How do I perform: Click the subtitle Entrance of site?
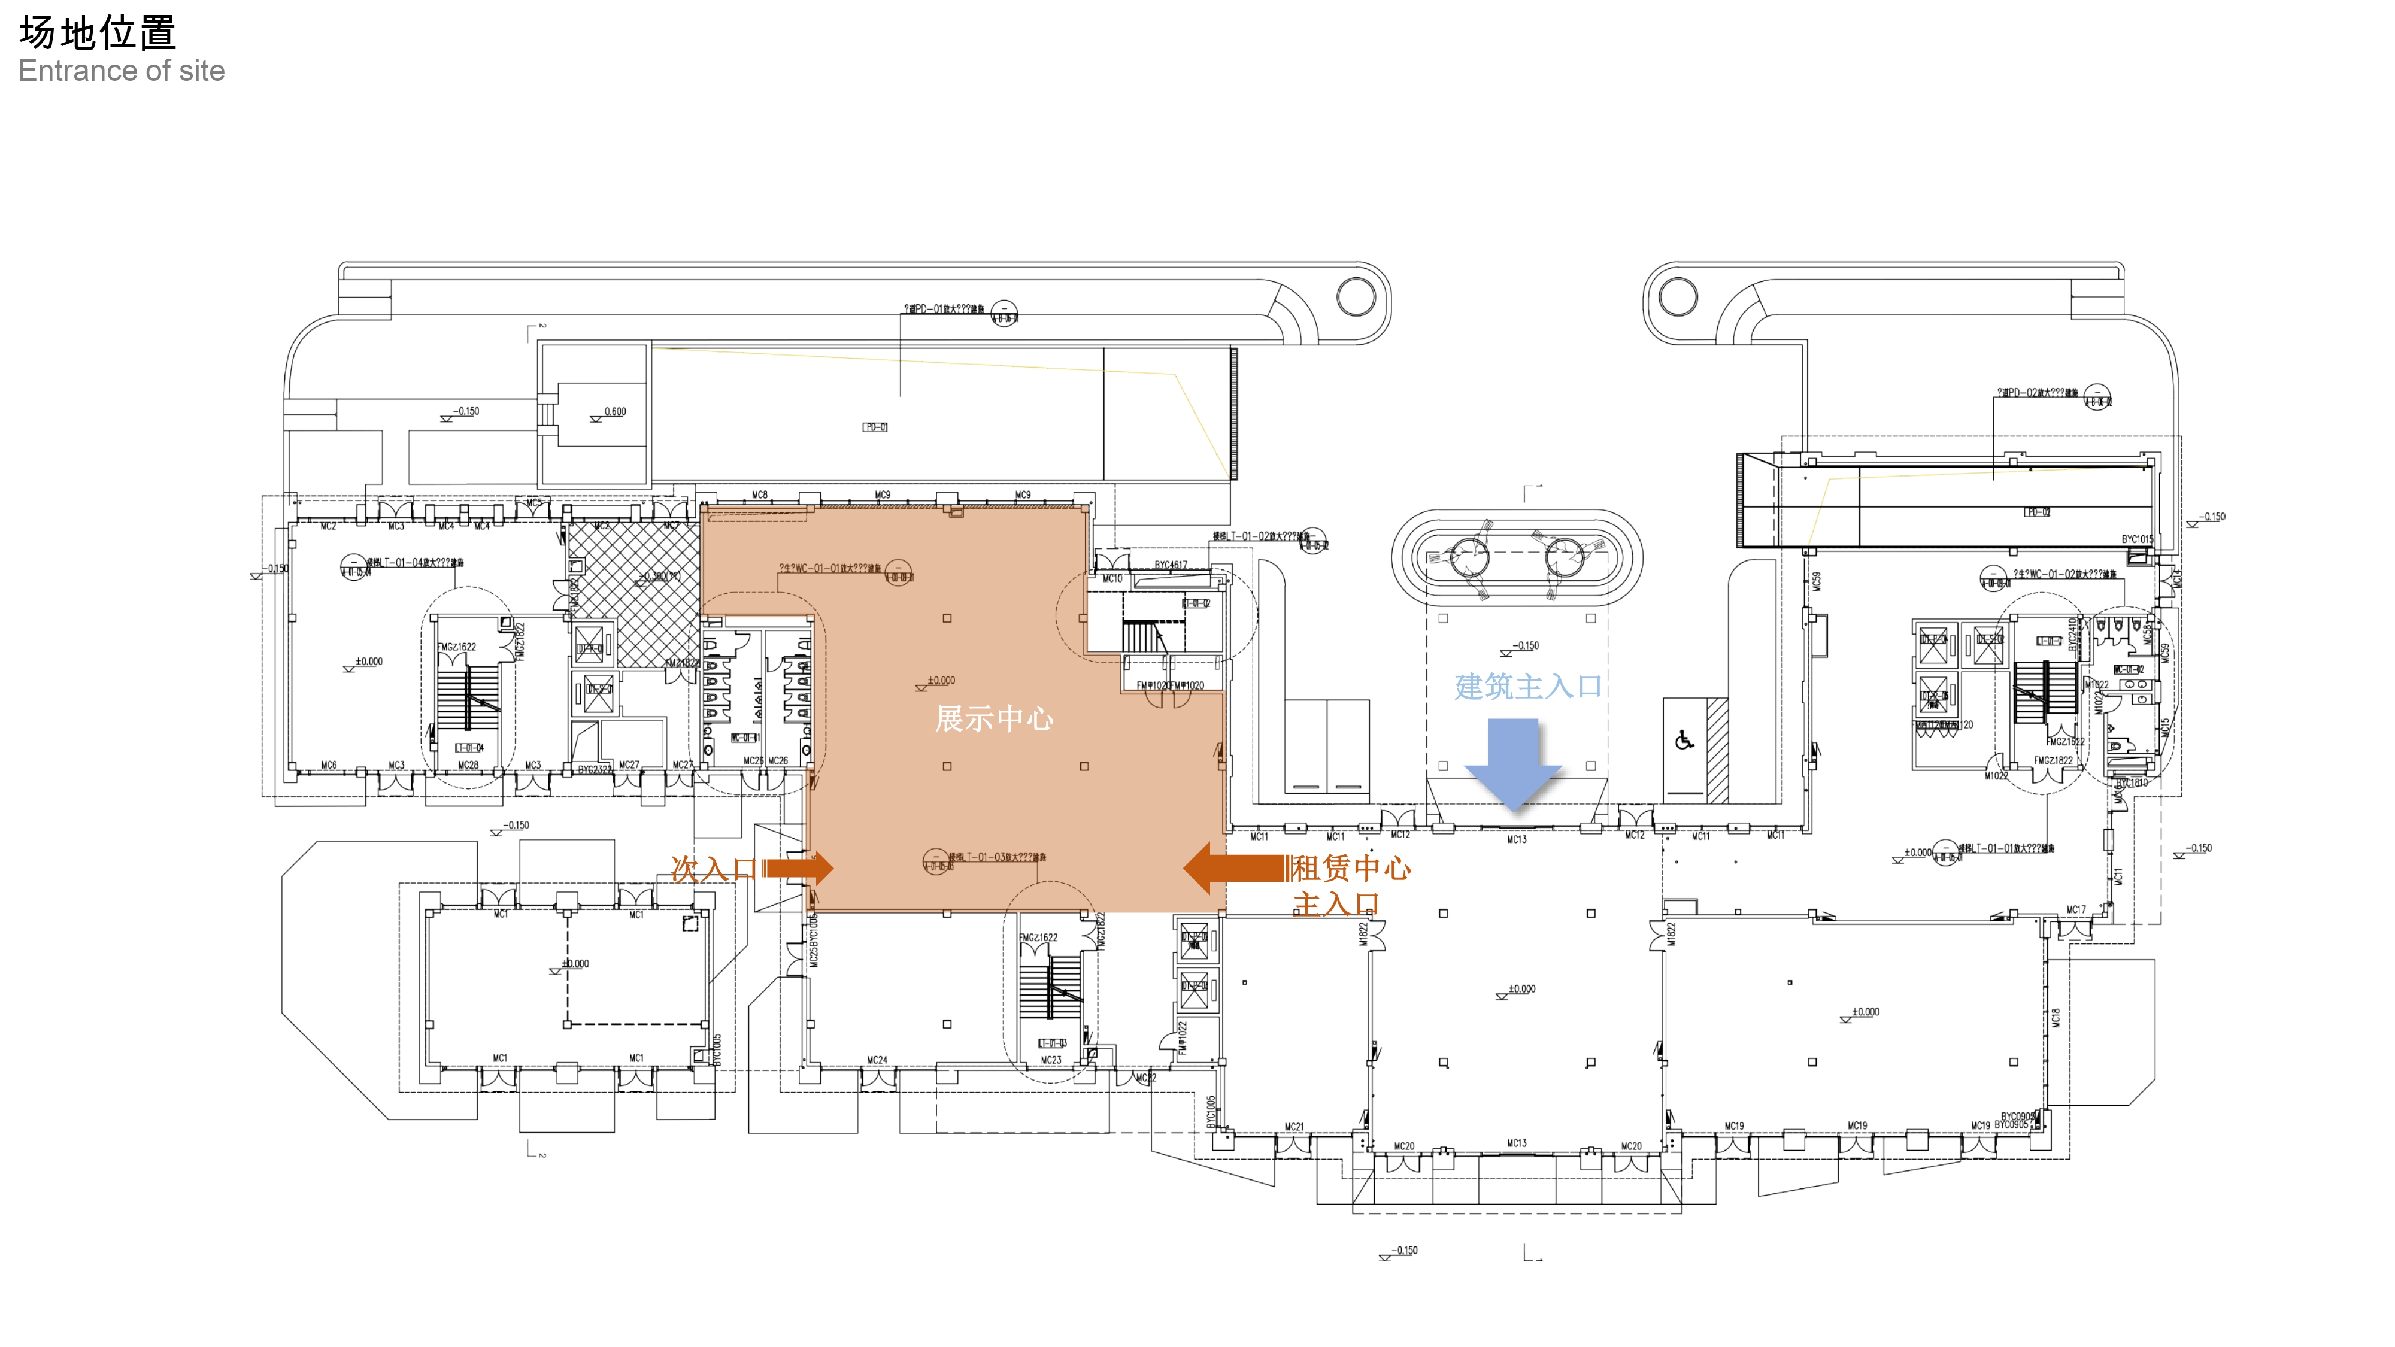tap(122, 72)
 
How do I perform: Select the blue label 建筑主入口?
tap(1527, 687)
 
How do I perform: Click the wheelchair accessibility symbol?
tap(1684, 741)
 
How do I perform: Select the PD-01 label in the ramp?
tap(875, 427)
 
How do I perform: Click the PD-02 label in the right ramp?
tap(2037, 512)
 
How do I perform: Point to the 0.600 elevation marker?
tap(614, 412)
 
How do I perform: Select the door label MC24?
tap(877, 1060)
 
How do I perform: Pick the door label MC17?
tap(2075, 909)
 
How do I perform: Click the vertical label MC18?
tap(2056, 1018)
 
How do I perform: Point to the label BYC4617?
tap(1171, 565)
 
